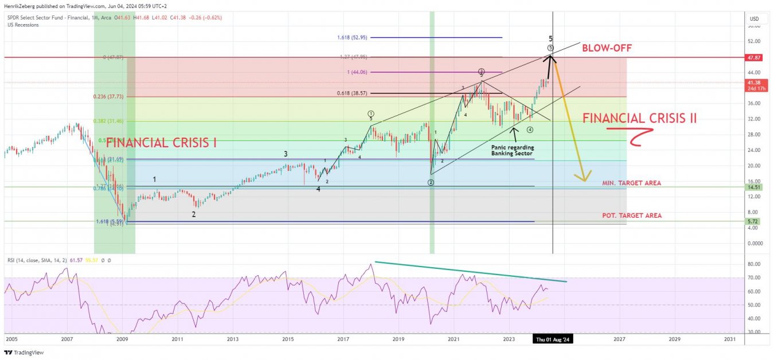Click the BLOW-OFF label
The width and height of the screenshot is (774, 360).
coord(607,48)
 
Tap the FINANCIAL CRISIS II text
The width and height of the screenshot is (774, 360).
coord(639,119)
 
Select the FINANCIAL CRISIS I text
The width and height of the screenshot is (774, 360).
coord(161,143)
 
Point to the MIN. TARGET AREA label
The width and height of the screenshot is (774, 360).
coord(631,183)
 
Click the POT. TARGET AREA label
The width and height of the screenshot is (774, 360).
coord(631,216)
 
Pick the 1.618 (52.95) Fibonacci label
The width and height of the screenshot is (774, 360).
coord(352,37)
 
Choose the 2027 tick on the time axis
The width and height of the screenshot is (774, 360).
coord(619,339)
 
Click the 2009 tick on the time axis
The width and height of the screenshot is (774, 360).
coord(122,339)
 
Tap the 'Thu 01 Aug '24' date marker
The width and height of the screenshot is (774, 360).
coord(553,339)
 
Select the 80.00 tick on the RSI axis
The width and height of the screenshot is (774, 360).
coord(754,264)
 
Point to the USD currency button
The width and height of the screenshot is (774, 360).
coord(754,19)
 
